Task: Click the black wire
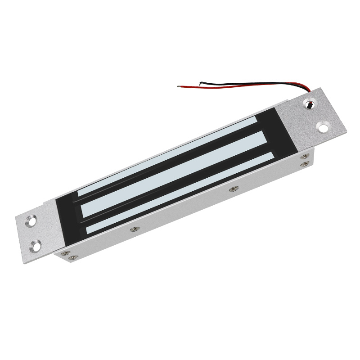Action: point(234,84)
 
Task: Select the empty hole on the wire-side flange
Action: point(323,126)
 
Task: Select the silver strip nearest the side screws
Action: point(180,194)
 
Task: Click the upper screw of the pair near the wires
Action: point(305,157)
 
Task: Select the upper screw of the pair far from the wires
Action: point(65,253)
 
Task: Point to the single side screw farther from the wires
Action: point(133,229)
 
